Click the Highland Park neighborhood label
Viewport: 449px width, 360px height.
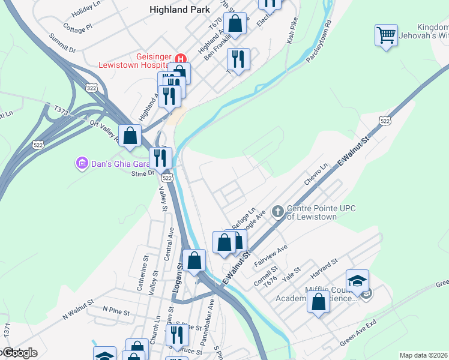click(x=180, y=10)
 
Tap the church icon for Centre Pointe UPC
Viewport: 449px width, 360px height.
click(x=277, y=211)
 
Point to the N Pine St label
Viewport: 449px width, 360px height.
click(x=116, y=309)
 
